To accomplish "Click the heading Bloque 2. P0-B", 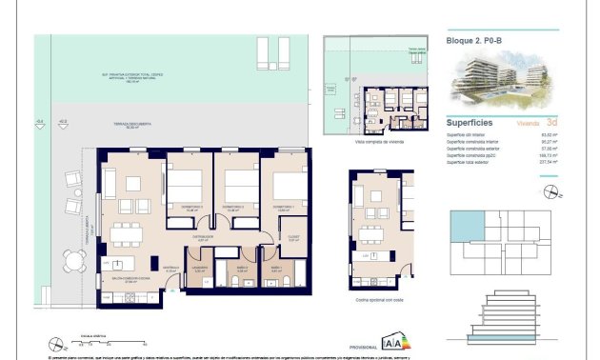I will point(473,40).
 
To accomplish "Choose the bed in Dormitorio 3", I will point(188,187).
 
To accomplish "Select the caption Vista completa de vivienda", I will point(374,141).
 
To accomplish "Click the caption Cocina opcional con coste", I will point(380,299).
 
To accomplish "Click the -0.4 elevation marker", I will point(40,121).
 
